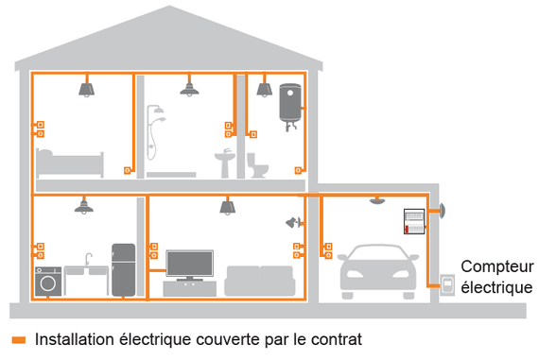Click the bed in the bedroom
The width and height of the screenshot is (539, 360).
point(68,164)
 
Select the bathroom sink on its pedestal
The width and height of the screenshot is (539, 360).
point(224,161)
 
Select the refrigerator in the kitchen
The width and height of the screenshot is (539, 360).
point(124,270)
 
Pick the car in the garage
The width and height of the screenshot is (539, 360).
point(375,271)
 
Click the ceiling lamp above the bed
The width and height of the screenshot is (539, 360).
point(84,89)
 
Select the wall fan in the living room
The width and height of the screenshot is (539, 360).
point(293,223)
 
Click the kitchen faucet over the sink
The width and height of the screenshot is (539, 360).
point(87,258)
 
